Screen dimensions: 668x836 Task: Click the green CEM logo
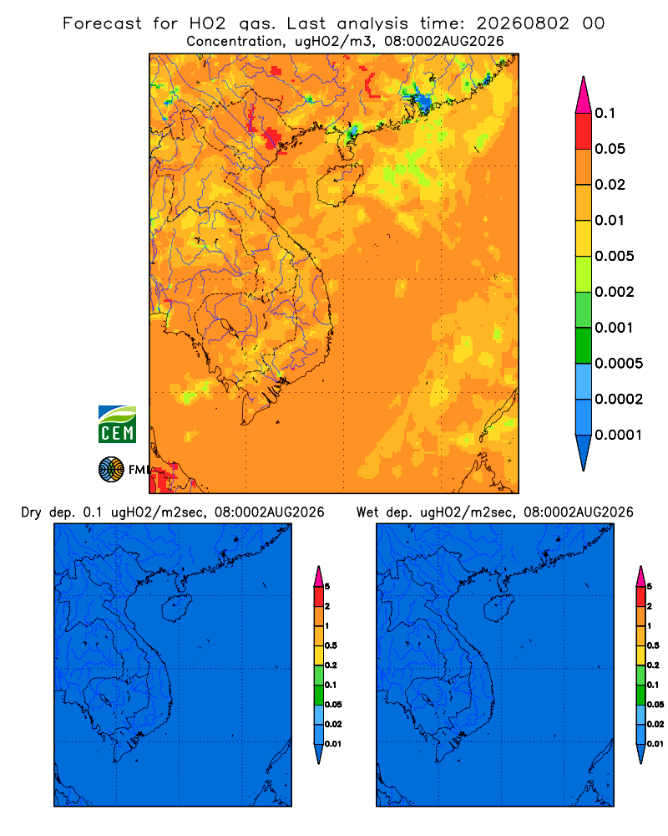click(117, 424)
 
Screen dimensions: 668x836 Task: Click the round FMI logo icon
click(111, 469)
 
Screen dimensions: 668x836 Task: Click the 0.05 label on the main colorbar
click(610, 149)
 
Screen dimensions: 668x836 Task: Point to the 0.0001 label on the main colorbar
click(619, 435)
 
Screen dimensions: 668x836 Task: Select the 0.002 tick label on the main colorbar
click(615, 292)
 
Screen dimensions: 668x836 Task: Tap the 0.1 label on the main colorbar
click(605, 113)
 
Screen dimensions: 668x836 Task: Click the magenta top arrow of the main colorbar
click(584, 94)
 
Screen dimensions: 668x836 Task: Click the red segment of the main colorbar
click(584, 131)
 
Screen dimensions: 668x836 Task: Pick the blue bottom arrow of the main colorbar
click(584, 453)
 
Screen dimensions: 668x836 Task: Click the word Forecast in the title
click(102, 23)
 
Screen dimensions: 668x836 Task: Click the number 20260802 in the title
click(523, 23)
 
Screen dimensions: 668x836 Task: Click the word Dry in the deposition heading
click(32, 513)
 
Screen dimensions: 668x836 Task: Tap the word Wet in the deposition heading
click(367, 512)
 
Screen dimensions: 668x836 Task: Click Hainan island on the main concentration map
click(339, 185)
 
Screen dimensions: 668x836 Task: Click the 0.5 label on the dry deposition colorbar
click(331, 645)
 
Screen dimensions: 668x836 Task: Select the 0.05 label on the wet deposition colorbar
click(655, 704)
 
